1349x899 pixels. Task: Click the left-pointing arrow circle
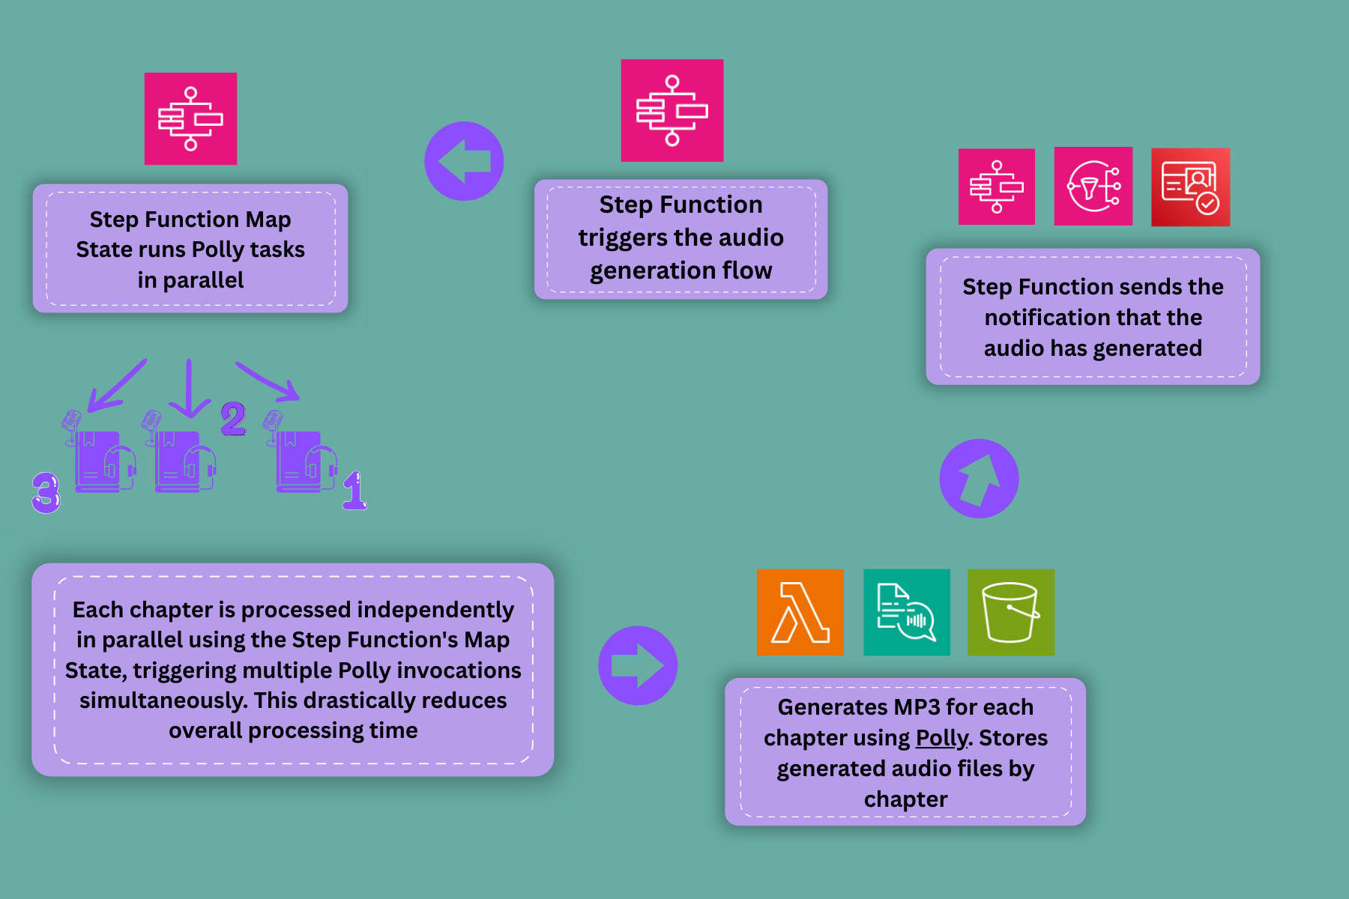click(464, 161)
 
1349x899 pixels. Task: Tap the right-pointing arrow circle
click(638, 665)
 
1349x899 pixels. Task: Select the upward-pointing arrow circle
click(979, 479)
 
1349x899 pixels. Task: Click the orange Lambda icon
click(800, 612)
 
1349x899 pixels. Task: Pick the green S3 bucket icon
click(1010, 612)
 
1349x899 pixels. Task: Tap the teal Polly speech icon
click(906, 612)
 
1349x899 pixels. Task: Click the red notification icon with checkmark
click(1190, 187)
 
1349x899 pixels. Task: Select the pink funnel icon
click(1093, 187)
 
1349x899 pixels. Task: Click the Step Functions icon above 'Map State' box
click(190, 118)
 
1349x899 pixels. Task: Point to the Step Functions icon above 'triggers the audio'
click(672, 110)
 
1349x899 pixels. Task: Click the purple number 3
click(46, 492)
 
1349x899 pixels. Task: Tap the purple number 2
click(233, 418)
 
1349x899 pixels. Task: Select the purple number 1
click(354, 491)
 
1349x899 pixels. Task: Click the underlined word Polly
click(942, 738)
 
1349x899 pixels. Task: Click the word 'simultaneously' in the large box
click(163, 700)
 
